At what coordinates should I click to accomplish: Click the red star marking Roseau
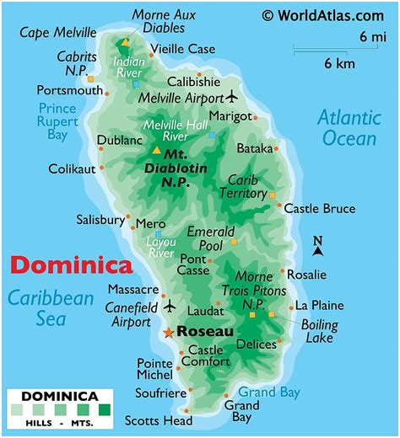168,333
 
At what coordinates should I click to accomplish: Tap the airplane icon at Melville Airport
234,95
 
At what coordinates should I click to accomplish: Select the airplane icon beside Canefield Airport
169,305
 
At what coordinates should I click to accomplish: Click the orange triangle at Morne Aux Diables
125,42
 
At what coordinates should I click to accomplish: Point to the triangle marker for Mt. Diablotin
156,151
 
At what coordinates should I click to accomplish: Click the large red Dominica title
71,265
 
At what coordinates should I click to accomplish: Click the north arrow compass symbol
318,245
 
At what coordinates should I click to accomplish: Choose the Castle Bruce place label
320,208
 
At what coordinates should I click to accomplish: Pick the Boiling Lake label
320,331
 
